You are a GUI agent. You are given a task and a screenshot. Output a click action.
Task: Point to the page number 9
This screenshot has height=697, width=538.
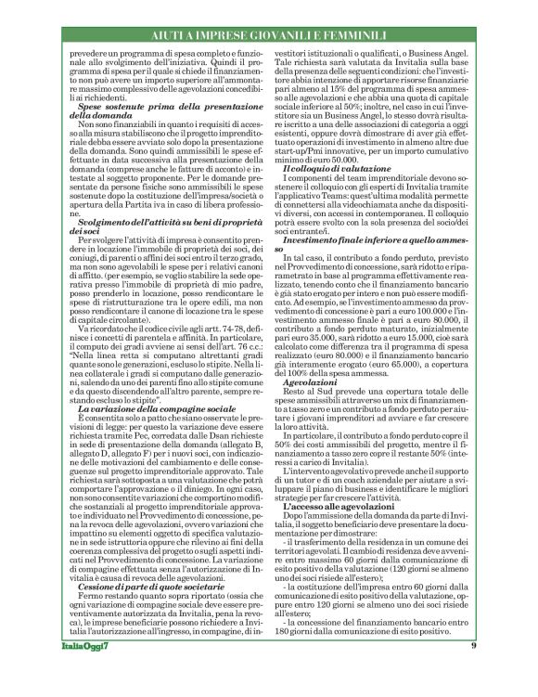(473, 671)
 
